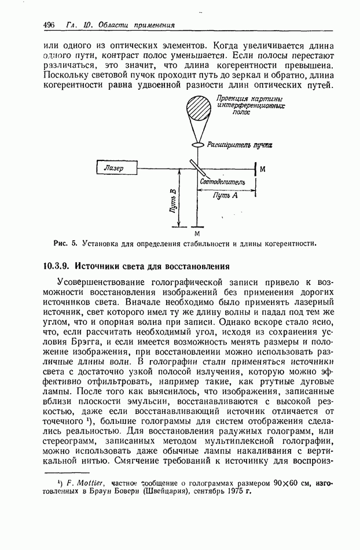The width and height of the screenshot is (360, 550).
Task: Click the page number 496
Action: [49, 25]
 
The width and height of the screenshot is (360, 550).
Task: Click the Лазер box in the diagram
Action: [117, 168]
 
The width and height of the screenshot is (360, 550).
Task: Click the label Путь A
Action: [226, 196]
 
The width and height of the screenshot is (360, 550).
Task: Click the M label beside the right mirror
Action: [263, 169]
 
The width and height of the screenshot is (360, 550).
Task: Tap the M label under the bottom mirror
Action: [197, 233]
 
